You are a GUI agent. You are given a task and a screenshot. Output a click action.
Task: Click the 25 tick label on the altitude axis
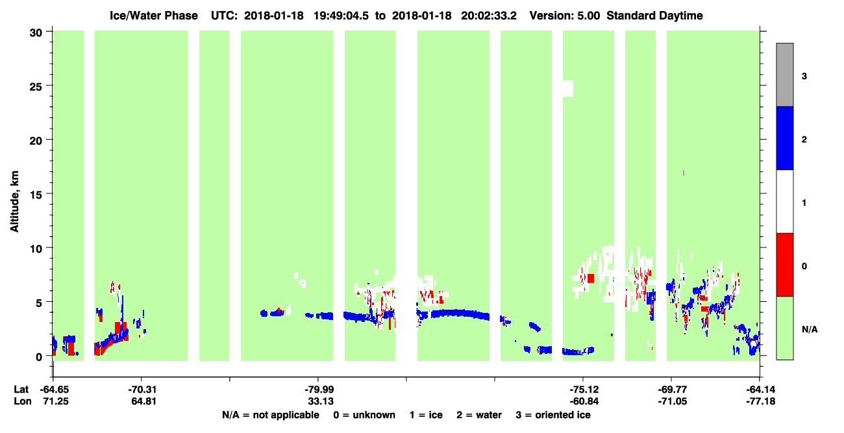(36, 86)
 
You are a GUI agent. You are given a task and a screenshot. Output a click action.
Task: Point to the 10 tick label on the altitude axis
(36, 249)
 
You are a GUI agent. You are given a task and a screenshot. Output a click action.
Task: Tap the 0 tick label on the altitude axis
(39, 357)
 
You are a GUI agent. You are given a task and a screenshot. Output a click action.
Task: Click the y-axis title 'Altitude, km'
(14, 202)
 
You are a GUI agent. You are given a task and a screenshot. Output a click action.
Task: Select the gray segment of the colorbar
(784, 75)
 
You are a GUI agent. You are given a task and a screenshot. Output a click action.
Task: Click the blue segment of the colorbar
(784, 138)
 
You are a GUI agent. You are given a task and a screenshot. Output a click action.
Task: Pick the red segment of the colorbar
(784, 265)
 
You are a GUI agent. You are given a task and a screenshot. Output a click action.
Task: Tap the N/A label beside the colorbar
(810, 329)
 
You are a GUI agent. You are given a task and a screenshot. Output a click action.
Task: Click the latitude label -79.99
(320, 390)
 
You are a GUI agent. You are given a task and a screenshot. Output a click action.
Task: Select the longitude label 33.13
(321, 401)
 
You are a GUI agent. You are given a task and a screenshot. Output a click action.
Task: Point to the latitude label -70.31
(142, 390)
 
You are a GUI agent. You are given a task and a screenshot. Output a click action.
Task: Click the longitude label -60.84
(584, 401)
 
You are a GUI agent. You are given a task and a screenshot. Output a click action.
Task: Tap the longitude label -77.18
(761, 401)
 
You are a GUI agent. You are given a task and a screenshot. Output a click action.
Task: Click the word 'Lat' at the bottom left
(21, 390)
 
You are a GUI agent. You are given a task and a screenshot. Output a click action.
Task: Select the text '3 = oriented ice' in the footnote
(553, 415)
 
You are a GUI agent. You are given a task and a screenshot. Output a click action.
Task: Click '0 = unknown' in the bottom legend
(364, 415)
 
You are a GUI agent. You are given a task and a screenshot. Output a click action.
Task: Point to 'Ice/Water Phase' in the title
(154, 16)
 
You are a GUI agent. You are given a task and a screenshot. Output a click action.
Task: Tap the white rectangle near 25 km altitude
(568, 88)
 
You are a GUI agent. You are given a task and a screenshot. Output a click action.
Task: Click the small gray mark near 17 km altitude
(684, 173)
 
